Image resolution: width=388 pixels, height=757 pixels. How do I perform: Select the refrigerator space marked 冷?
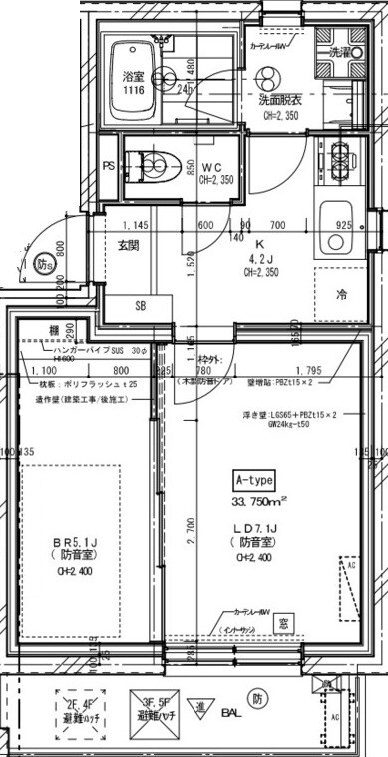point(341,295)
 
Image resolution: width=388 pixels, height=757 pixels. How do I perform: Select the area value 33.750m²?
point(258,501)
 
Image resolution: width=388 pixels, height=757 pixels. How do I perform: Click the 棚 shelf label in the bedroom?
point(52,330)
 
